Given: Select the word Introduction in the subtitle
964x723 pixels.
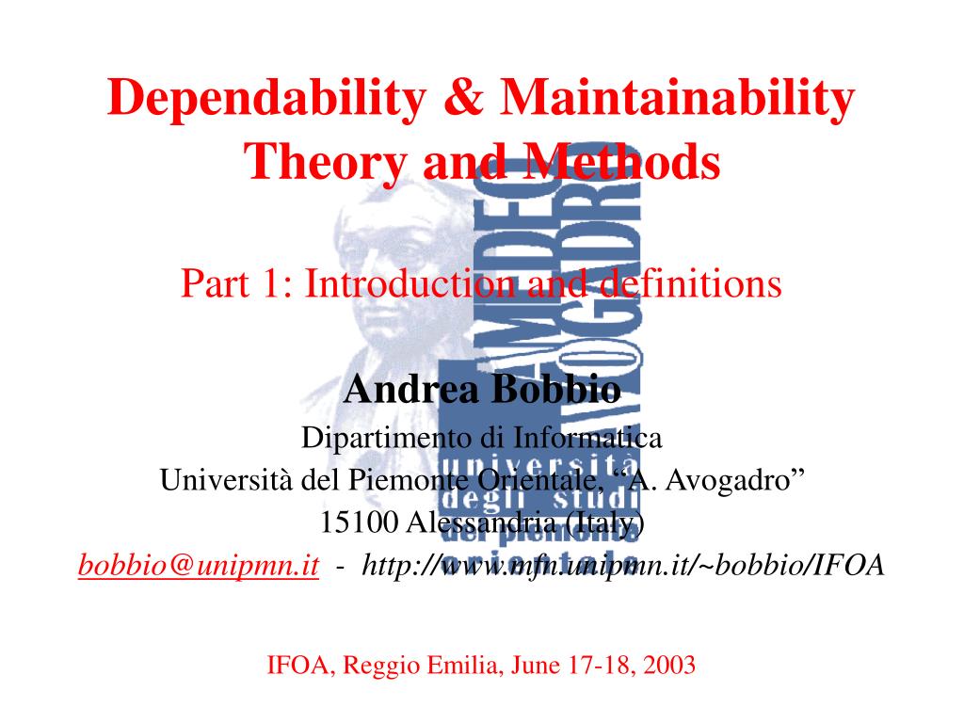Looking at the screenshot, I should [404, 282].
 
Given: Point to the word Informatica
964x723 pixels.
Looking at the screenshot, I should [588, 438].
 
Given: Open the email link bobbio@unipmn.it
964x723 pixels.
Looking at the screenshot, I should [199, 564].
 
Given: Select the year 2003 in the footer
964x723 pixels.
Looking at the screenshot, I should [669, 667].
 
